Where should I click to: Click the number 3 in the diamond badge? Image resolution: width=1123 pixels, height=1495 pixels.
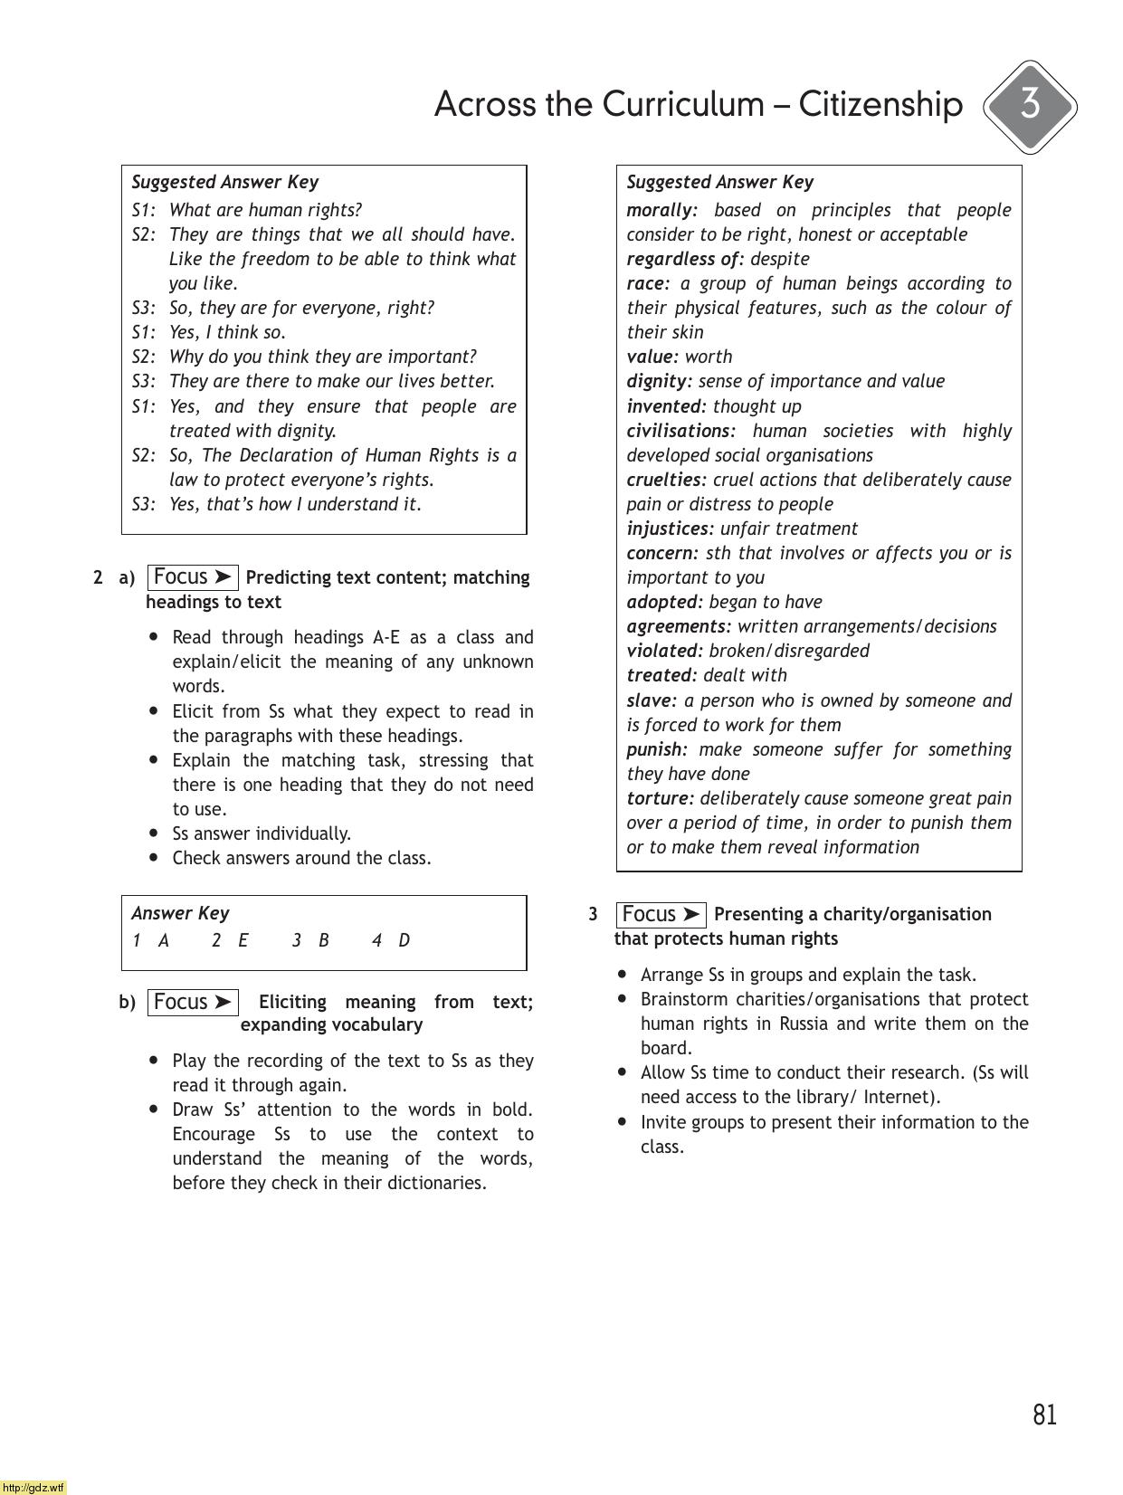pyautogui.click(x=1030, y=106)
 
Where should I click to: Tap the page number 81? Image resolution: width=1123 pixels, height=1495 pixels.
pyautogui.click(x=1044, y=1414)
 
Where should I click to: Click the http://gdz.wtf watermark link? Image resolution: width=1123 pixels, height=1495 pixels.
pyautogui.click(x=33, y=1487)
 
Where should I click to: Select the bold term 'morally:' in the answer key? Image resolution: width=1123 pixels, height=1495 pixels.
pyautogui.click(x=661, y=210)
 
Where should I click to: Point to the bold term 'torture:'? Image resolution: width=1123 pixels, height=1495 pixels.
pyautogui.click(x=660, y=798)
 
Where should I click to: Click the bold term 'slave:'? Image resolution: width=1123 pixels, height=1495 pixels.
pyautogui.click(x=652, y=700)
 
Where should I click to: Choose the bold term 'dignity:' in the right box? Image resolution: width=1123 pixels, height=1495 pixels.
pyautogui.click(x=659, y=381)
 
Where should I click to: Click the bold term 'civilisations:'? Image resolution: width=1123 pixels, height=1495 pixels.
pyautogui.click(x=680, y=431)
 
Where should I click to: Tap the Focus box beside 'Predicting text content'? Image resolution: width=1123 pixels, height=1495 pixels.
pyautogui.click(x=192, y=577)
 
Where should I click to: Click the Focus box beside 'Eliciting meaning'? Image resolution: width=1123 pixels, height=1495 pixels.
pyautogui.click(x=192, y=1002)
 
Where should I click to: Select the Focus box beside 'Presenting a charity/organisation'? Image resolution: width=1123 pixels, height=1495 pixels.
pyautogui.click(x=661, y=914)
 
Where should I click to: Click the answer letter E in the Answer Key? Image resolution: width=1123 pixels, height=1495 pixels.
pyautogui.click(x=243, y=940)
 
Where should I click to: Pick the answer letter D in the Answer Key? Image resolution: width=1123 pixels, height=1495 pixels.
pyautogui.click(x=404, y=940)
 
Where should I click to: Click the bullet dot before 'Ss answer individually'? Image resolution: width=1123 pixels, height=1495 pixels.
pyautogui.click(x=155, y=833)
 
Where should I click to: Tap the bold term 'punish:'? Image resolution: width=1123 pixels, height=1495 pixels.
pyautogui.click(x=657, y=749)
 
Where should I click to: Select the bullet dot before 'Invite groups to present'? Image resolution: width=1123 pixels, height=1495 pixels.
pyautogui.click(x=623, y=1121)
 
